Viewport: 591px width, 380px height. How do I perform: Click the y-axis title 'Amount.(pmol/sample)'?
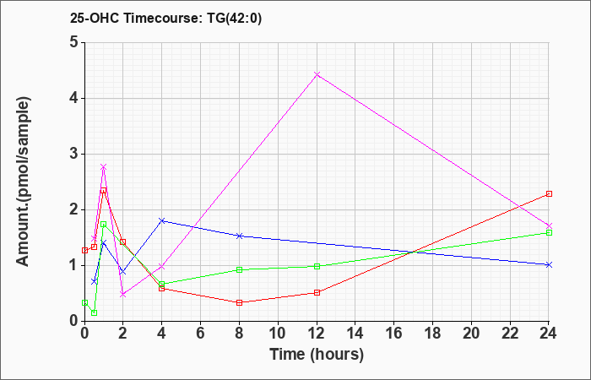(24, 182)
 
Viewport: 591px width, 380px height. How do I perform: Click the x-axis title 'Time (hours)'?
(317, 354)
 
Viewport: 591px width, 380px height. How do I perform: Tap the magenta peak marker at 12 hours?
(317, 75)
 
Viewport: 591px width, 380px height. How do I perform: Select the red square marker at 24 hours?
(549, 193)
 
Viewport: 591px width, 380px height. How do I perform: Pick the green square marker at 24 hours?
(549, 232)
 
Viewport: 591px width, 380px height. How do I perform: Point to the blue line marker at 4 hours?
(162, 220)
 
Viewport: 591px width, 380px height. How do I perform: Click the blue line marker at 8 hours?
(240, 236)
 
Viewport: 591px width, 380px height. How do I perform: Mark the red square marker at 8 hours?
(240, 302)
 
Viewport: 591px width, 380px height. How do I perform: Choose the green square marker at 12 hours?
(317, 266)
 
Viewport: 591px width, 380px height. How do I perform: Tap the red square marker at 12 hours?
(317, 292)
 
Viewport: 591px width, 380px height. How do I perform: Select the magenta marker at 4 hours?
(162, 267)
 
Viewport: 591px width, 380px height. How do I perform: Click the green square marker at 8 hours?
(240, 269)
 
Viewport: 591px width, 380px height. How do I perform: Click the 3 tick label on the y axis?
(73, 154)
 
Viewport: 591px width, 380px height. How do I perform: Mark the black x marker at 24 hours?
(549, 264)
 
